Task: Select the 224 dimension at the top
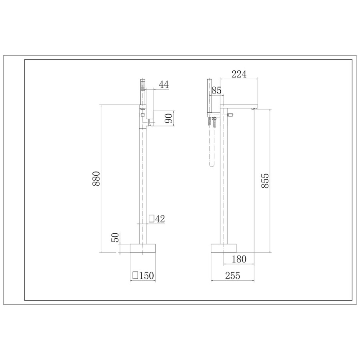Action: [x=238, y=74]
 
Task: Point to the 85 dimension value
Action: [x=216, y=91]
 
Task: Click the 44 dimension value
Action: [x=164, y=84]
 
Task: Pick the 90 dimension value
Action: [x=169, y=118]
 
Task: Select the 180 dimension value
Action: [x=239, y=259]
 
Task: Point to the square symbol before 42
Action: [x=152, y=218]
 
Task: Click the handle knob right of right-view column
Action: [x=231, y=115]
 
